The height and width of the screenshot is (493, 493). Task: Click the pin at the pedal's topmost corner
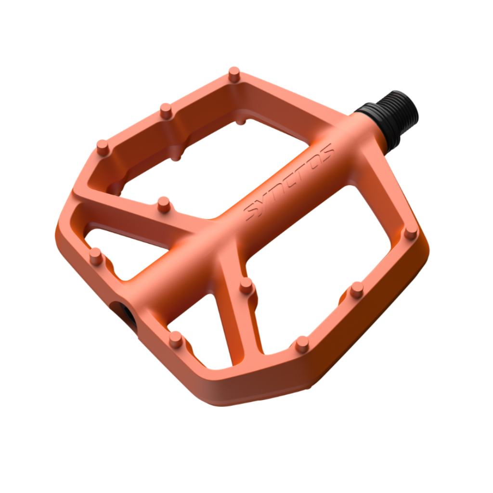(234, 74)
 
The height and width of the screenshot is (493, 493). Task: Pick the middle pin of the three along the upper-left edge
(166, 111)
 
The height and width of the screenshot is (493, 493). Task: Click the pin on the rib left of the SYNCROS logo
(164, 205)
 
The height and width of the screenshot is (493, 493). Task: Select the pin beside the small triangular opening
(96, 256)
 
